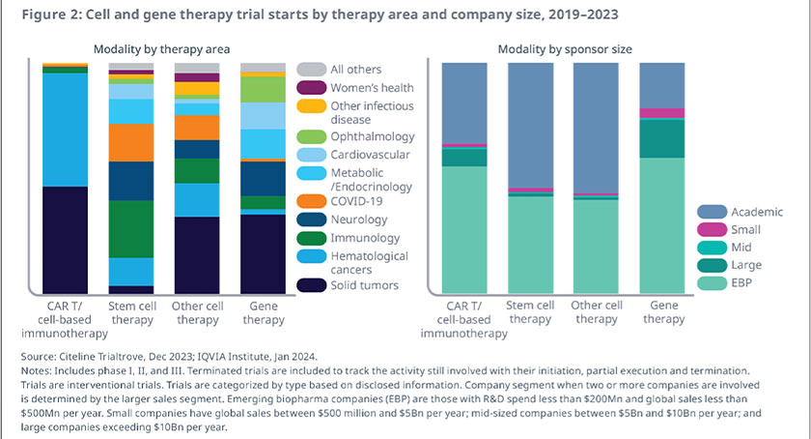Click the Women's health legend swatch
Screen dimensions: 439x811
tap(312, 88)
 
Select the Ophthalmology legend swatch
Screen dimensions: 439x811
tap(312, 137)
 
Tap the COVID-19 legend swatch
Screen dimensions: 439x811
tap(312, 201)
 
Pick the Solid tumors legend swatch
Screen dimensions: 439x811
tap(312, 284)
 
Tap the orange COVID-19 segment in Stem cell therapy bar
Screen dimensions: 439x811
tap(131, 142)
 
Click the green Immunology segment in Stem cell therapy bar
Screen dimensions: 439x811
tap(131, 228)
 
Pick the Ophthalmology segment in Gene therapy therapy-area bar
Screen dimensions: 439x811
tap(263, 90)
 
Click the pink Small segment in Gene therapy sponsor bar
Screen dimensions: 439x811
tap(662, 113)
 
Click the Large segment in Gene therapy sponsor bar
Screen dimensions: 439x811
tap(662, 137)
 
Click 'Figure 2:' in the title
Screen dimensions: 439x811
tap(47, 15)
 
